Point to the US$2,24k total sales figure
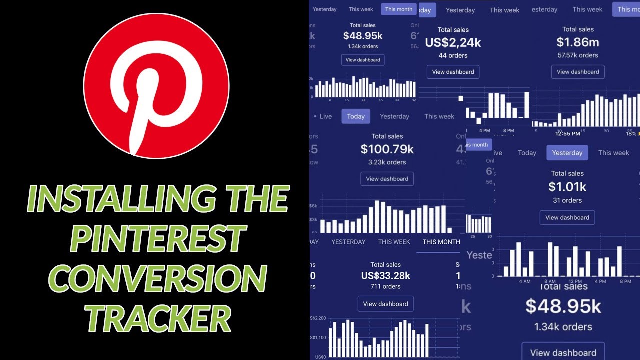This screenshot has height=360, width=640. click(x=453, y=43)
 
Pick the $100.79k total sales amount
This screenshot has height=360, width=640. click(x=387, y=149)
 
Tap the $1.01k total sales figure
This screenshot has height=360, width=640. click(x=567, y=187)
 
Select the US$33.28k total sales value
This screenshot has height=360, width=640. click(x=385, y=276)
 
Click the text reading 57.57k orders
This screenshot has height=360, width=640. click(x=578, y=55)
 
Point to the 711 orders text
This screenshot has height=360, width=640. click(x=385, y=287)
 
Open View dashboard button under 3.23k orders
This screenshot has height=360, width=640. click(x=387, y=179)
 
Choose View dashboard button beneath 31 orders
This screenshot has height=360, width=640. click(x=567, y=218)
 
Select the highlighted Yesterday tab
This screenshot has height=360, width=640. click(x=567, y=153)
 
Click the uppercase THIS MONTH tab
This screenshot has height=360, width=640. click(x=441, y=242)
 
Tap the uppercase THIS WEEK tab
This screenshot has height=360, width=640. click(x=394, y=242)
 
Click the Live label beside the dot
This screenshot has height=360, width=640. click(x=325, y=116)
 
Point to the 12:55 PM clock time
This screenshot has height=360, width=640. click(x=568, y=134)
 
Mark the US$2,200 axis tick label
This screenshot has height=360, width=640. click(x=318, y=318)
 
